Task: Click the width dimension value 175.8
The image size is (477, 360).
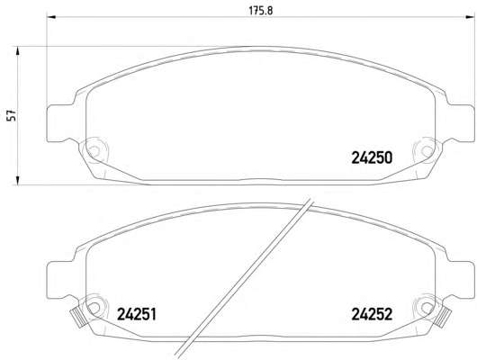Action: [x=261, y=10]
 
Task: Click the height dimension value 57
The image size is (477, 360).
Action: [x=12, y=115]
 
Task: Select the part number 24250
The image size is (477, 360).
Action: [x=372, y=157]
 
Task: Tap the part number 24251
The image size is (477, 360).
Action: [x=137, y=314]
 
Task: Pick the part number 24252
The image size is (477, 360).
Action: [x=372, y=314]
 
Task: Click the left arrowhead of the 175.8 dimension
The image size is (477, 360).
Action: [x=51, y=17]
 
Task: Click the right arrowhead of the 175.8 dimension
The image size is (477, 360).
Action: [x=470, y=17]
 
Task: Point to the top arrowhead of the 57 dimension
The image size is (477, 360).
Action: [x=18, y=51]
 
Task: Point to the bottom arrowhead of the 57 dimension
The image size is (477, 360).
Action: [x=18, y=180]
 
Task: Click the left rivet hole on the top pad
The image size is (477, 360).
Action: [x=94, y=150]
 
